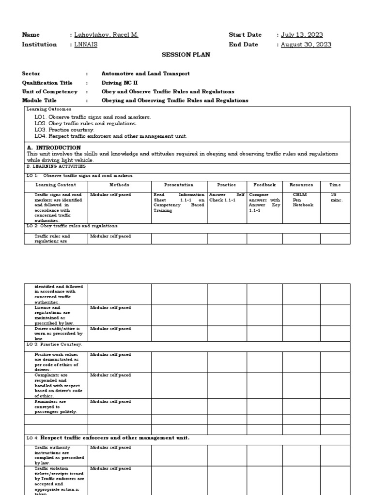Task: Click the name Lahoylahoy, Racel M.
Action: [x=106, y=35]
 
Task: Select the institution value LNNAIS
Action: [x=87, y=44]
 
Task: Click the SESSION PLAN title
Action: [x=186, y=55]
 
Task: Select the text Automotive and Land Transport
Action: [x=145, y=73]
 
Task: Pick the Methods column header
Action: [x=119, y=185]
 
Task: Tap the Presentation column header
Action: [x=179, y=185]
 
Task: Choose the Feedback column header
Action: [x=264, y=185]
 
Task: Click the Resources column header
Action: [x=301, y=185]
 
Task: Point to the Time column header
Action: [x=336, y=185]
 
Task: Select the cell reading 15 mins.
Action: [x=336, y=197]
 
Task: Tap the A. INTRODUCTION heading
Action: [x=54, y=147]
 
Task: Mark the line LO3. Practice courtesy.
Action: [x=64, y=130]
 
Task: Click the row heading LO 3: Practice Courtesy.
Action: [x=54, y=344]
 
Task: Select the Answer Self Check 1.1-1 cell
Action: [x=227, y=197]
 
